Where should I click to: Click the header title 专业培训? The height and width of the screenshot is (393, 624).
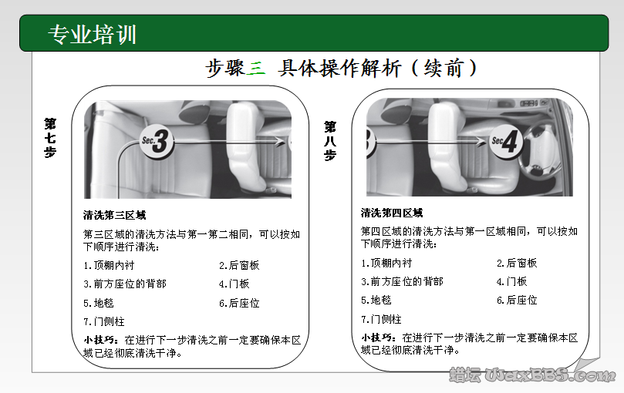pyautogui.click(x=93, y=35)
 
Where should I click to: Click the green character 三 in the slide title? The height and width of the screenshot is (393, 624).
pyautogui.click(x=257, y=68)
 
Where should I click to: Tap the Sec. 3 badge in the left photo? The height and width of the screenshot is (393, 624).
pyautogui.click(x=157, y=141)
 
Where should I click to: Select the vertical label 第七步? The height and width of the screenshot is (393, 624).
pyautogui.click(x=50, y=137)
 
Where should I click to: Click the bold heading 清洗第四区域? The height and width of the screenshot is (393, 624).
pyautogui.click(x=392, y=213)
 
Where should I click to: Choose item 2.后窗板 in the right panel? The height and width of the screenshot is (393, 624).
pyautogui.click(x=517, y=263)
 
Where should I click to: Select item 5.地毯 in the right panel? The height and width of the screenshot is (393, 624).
pyautogui.click(x=376, y=301)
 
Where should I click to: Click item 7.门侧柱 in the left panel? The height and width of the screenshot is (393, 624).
pyautogui.click(x=103, y=321)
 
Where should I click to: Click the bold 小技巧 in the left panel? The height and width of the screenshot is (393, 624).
pyautogui.click(x=102, y=339)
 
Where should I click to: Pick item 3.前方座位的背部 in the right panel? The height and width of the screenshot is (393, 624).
pyautogui.click(x=402, y=282)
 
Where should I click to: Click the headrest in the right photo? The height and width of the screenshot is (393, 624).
pyautogui.click(x=446, y=123)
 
